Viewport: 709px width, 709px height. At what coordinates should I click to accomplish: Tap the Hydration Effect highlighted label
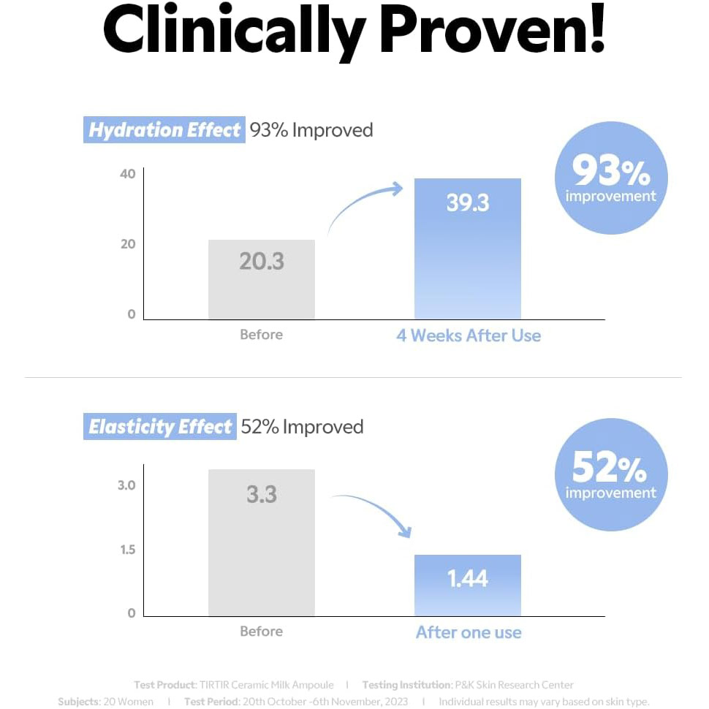164,130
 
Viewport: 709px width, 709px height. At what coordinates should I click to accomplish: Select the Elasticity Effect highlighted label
159,427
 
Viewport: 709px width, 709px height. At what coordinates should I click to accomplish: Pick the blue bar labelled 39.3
468,249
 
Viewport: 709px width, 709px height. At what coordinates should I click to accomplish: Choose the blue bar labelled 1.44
468,585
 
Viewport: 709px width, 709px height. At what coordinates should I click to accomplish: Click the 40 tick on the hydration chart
128,174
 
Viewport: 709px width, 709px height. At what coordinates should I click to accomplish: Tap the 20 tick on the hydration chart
128,244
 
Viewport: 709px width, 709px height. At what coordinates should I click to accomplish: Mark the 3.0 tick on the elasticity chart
126,485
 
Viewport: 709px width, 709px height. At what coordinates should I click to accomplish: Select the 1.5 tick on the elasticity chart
127,550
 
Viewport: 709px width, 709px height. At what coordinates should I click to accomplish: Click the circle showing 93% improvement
611,178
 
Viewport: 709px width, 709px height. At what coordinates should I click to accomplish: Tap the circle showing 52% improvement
611,474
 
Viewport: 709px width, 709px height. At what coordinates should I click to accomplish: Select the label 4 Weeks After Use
469,335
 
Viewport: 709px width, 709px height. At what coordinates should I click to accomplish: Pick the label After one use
469,632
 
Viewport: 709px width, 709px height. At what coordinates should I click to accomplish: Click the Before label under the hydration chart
261,335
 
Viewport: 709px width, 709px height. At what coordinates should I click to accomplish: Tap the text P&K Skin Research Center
514,685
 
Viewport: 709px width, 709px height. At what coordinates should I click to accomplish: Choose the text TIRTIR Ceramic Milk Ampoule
266,685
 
